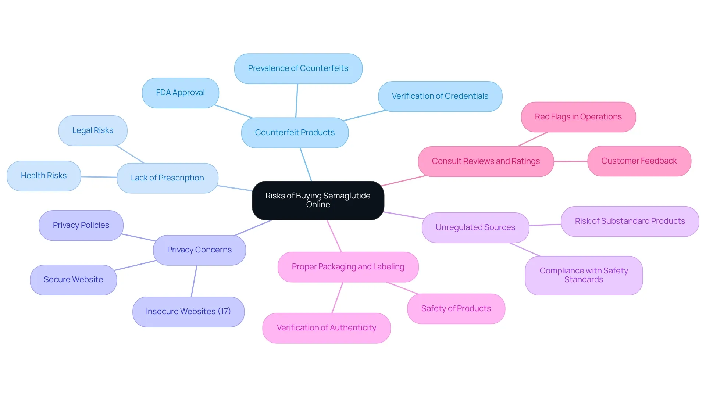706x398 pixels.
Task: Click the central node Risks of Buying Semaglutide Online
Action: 318,200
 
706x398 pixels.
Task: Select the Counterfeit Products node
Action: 295,133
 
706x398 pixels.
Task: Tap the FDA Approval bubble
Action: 181,93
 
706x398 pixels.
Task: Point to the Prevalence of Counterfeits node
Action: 298,68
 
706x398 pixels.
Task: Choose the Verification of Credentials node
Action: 440,96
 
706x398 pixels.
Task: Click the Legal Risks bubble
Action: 93,130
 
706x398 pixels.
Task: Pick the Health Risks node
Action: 44,176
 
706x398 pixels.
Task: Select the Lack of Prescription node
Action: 167,178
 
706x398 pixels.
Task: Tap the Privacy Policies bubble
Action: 81,225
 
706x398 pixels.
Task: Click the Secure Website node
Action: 74,280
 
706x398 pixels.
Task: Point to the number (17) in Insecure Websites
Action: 224,311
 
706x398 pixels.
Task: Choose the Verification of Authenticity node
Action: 327,328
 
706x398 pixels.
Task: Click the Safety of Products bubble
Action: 456,309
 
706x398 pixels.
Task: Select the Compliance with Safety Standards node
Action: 584,275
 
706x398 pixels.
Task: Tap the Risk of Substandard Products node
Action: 630,221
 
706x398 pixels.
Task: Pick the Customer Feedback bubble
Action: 639,161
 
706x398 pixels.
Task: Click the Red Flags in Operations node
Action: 578,117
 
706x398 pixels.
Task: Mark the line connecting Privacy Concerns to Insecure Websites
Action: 194,281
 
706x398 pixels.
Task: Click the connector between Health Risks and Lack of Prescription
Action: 99,177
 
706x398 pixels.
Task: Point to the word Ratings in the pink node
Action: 526,161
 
